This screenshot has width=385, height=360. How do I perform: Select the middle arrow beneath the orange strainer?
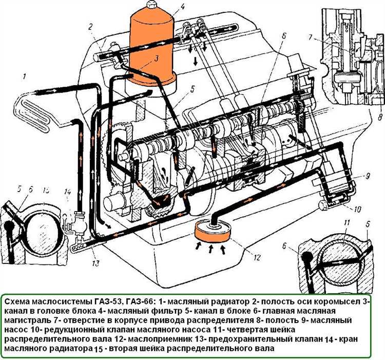coord(210,250)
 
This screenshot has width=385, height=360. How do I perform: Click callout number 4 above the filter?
coord(182,6)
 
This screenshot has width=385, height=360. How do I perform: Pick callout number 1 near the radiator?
coord(24,77)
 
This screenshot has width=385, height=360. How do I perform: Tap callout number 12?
coord(257,257)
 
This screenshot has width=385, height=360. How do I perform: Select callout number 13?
coord(96,263)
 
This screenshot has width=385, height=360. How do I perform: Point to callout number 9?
coord(367,176)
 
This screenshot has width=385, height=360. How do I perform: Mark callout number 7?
coord(311,38)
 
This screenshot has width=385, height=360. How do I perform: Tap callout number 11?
coord(346,224)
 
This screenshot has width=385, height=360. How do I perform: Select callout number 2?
coord(90,27)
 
